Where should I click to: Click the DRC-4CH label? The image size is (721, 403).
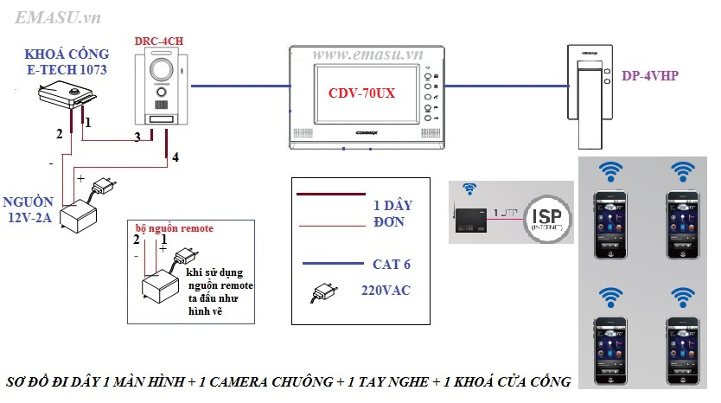(158, 42)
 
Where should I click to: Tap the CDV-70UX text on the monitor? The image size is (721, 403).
(362, 93)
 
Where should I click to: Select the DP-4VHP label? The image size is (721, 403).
(649, 76)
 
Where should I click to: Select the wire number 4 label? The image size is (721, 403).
(175, 157)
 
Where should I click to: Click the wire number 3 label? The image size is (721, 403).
(137, 137)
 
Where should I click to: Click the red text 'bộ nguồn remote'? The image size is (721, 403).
(173, 227)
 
